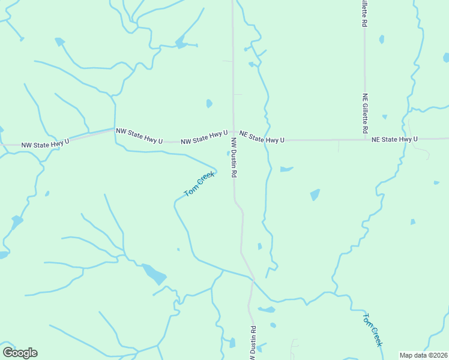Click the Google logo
20,353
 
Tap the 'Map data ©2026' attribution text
423,355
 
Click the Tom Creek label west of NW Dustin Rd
199,184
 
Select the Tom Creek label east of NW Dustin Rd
372,329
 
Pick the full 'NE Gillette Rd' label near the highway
365,113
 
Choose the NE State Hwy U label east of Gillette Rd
394,139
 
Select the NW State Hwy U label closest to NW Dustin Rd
204,138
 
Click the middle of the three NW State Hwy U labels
139,136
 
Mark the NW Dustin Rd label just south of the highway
234,157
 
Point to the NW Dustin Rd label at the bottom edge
254,343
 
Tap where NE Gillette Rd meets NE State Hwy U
365,140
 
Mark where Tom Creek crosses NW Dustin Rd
253,279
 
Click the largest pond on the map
155,274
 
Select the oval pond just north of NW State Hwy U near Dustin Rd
209,103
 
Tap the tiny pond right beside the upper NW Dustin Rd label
228,154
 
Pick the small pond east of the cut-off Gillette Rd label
382,40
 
